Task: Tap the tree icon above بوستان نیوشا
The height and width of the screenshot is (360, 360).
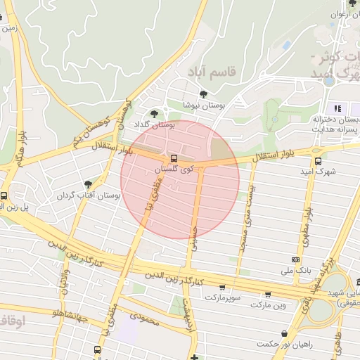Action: (x=203, y=94)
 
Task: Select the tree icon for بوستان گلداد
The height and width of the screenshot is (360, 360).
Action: (x=155, y=113)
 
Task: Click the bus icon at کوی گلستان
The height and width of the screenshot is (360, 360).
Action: (x=174, y=159)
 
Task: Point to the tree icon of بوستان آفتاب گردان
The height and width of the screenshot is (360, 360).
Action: (x=88, y=184)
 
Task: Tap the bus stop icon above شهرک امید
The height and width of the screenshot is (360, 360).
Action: (x=318, y=160)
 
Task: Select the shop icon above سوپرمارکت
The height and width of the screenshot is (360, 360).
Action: (x=223, y=287)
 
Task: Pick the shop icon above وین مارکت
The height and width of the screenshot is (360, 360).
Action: (x=267, y=295)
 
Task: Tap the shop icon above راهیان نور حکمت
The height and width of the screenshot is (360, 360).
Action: (x=283, y=333)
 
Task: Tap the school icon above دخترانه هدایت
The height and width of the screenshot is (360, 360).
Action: (x=338, y=108)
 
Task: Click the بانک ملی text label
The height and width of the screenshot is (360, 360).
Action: (x=296, y=270)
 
